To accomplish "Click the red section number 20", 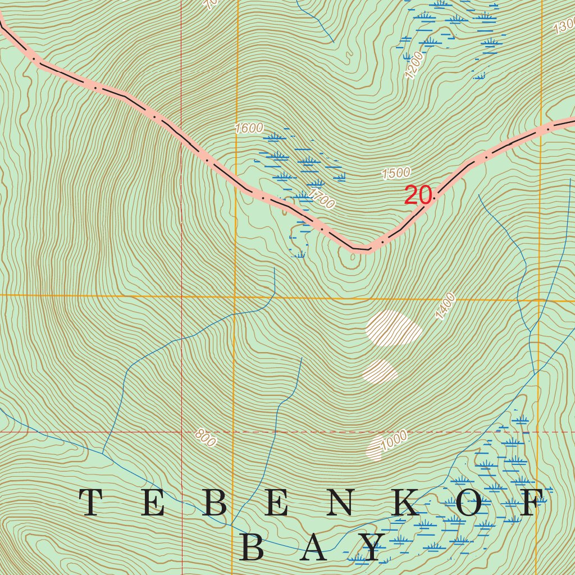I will click(418, 195).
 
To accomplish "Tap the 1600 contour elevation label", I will click(249, 128).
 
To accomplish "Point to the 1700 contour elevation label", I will click(322, 199).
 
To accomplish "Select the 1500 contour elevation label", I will click(396, 173).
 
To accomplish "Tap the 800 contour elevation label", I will click(206, 438).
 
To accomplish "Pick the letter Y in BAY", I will click(372, 547).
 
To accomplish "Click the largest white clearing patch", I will click(393, 328).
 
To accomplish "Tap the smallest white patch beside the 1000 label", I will click(375, 448).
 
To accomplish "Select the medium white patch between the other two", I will click(380, 371).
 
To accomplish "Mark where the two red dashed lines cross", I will click(182, 432).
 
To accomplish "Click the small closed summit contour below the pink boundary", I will click(353, 257).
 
